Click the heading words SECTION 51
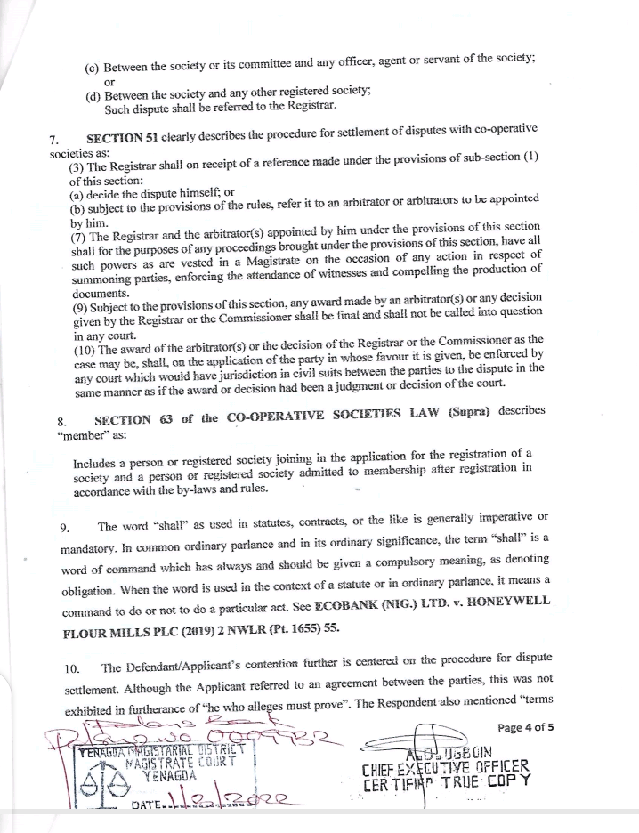point(124,140)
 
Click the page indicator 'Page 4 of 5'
point(526,727)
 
